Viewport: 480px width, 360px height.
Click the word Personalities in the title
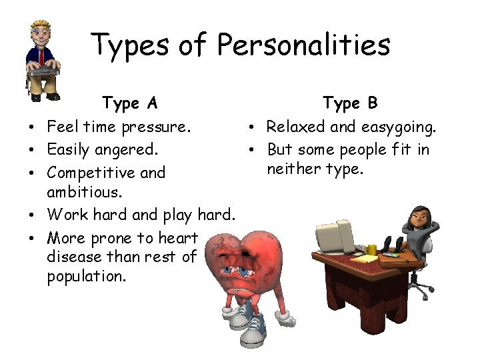point(304,45)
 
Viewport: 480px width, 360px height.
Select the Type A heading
point(130,103)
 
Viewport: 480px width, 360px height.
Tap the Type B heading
point(350,103)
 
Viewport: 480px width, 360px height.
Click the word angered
point(127,149)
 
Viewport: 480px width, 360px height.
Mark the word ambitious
point(85,192)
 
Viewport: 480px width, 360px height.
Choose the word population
point(86,276)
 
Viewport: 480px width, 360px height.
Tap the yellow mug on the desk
point(371,249)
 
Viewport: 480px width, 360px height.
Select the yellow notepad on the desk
point(369,258)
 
